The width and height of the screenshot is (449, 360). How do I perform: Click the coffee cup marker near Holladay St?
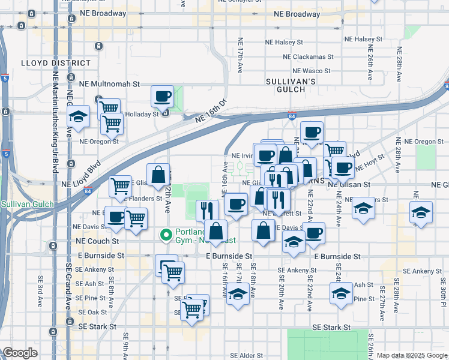[x=163, y=96]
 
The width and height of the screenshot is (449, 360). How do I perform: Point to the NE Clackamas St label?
[x=309, y=56]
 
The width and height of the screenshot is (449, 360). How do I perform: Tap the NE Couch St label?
[x=99, y=241]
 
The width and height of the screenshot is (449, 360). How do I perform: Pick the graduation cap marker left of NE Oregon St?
[x=78, y=116]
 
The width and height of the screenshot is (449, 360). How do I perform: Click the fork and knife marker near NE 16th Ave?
[x=207, y=211]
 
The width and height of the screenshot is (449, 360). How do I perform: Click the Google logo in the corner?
[x=20, y=353]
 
